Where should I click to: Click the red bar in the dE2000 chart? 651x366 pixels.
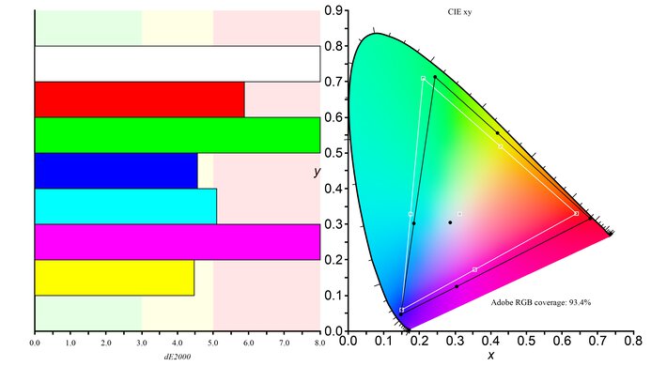tap(139, 99)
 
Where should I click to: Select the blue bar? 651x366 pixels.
tap(116, 171)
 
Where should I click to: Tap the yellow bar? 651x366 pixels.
tap(114, 278)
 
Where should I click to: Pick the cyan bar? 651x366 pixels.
tap(125, 206)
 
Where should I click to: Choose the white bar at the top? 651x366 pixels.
tap(177, 64)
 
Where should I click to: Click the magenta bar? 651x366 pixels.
tap(177, 242)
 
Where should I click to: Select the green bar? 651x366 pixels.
tap(177, 135)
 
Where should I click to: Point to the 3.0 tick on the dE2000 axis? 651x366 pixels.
tap(141, 343)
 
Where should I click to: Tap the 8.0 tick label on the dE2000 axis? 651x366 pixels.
tap(319, 343)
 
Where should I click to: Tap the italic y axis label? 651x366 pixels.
tap(319, 172)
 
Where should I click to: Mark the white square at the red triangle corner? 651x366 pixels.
tap(576, 214)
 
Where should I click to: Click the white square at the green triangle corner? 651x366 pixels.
tap(424, 78)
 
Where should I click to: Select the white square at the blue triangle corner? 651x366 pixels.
tap(402, 310)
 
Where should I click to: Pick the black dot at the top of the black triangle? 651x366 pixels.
tap(435, 77)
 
